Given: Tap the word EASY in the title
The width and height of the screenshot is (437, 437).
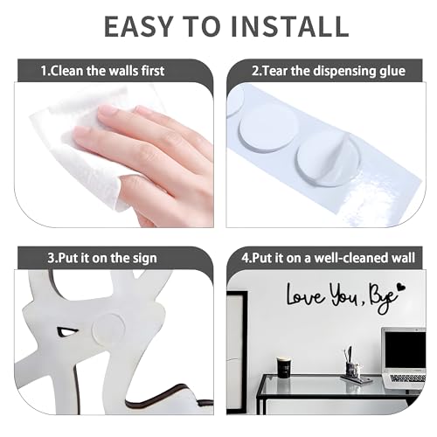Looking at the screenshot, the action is [x=138, y=26].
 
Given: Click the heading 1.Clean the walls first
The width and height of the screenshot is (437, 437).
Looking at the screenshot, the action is [x=102, y=71].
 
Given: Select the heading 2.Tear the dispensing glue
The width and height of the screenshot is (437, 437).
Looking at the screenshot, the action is [x=329, y=71].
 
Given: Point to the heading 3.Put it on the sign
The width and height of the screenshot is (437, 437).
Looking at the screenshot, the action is [x=102, y=258].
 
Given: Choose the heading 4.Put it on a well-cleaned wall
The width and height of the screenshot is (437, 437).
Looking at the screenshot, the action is [x=328, y=258].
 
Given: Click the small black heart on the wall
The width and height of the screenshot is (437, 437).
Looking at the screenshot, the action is [x=402, y=288].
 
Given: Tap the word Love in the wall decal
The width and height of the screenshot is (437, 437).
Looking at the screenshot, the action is [x=305, y=295].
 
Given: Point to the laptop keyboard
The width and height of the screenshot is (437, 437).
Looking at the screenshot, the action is [x=408, y=378].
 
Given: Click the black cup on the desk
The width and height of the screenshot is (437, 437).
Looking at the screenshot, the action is [x=283, y=368].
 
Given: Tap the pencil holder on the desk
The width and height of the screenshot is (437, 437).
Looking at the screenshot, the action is [x=353, y=370].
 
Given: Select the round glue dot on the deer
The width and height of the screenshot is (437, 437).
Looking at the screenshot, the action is [x=108, y=329].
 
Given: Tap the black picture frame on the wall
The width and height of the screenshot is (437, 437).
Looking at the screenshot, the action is [x=237, y=352].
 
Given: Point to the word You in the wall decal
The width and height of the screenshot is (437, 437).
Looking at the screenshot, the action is [x=344, y=295].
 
